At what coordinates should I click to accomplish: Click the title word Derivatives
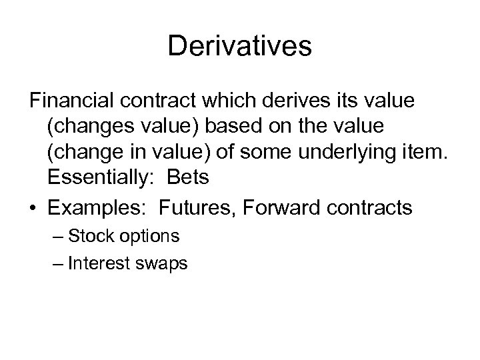click(x=240, y=46)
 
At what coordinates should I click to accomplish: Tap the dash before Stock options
click(x=57, y=236)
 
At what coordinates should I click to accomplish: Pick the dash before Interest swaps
click(x=57, y=263)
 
